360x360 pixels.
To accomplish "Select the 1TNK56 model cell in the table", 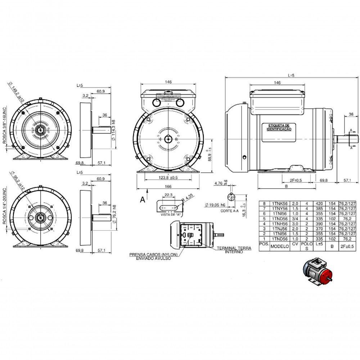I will tap(280, 203).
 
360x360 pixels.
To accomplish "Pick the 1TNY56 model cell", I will tap(280, 208).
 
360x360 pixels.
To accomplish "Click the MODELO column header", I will tap(280, 247).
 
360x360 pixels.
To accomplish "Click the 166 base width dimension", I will tap(168, 186).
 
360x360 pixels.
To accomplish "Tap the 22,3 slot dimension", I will tap(168, 195).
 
